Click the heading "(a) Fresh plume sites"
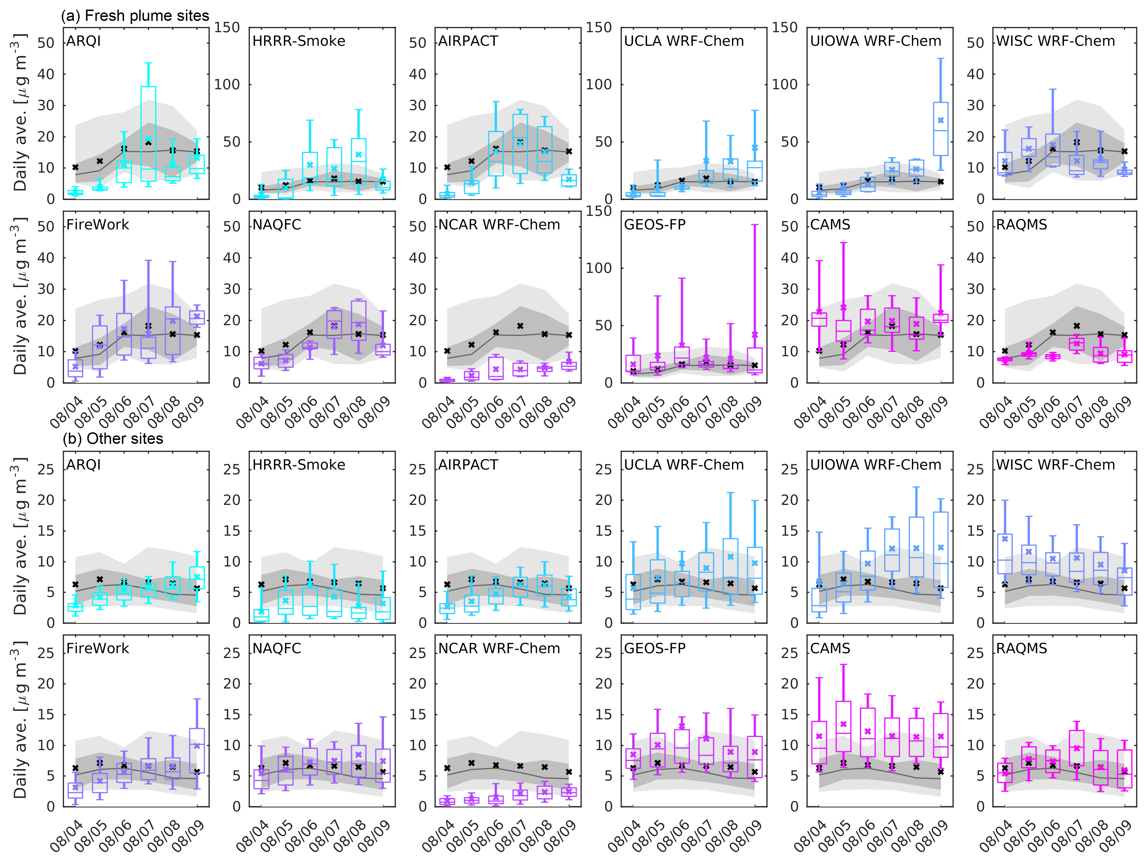point(135,16)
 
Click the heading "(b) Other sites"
point(112,439)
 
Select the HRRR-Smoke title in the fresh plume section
point(299,41)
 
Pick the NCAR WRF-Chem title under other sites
point(499,648)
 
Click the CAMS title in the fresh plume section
point(830,225)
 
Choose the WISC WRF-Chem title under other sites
point(1055,465)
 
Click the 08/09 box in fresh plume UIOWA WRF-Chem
point(941,129)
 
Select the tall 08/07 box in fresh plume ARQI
point(148,134)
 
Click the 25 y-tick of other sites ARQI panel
point(46,469)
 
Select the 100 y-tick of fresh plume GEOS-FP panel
point(599,268)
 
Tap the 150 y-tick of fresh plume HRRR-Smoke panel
point(227,27)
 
